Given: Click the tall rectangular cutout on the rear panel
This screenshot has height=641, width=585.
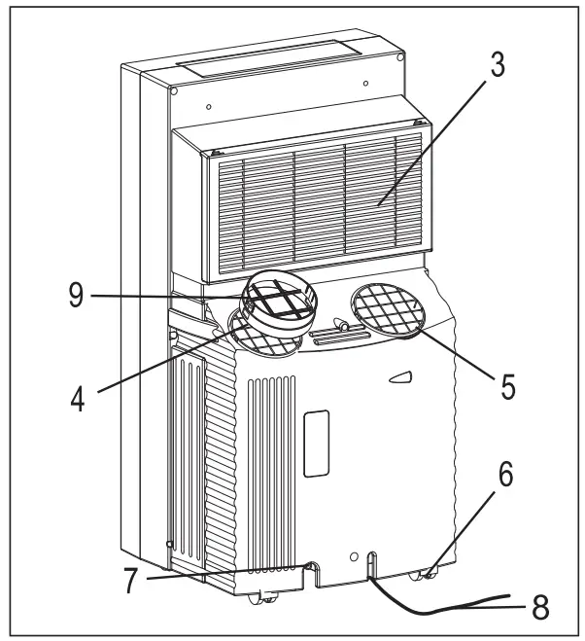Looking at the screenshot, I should [x=316, y=443].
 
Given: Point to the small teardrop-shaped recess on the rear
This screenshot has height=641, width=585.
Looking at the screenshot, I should [x=398, y=377].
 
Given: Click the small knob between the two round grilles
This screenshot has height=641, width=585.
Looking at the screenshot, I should [x=341, y=323].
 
